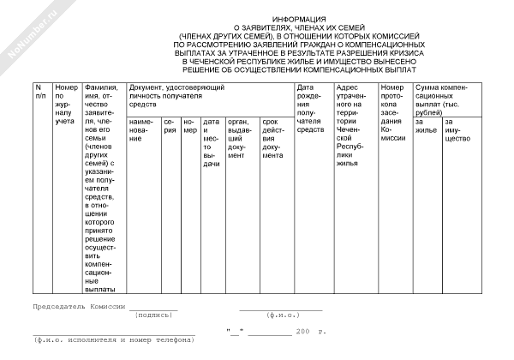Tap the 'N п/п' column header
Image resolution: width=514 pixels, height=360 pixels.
(39, 91)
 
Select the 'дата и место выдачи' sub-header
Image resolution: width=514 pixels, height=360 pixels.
(212, 142)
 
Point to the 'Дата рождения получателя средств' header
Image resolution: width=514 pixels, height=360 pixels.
(311, 108)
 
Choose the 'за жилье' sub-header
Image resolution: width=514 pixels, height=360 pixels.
(425, 126)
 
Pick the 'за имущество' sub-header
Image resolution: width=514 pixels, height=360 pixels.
(458, 130)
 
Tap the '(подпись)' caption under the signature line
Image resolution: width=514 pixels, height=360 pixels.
(154, 315)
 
